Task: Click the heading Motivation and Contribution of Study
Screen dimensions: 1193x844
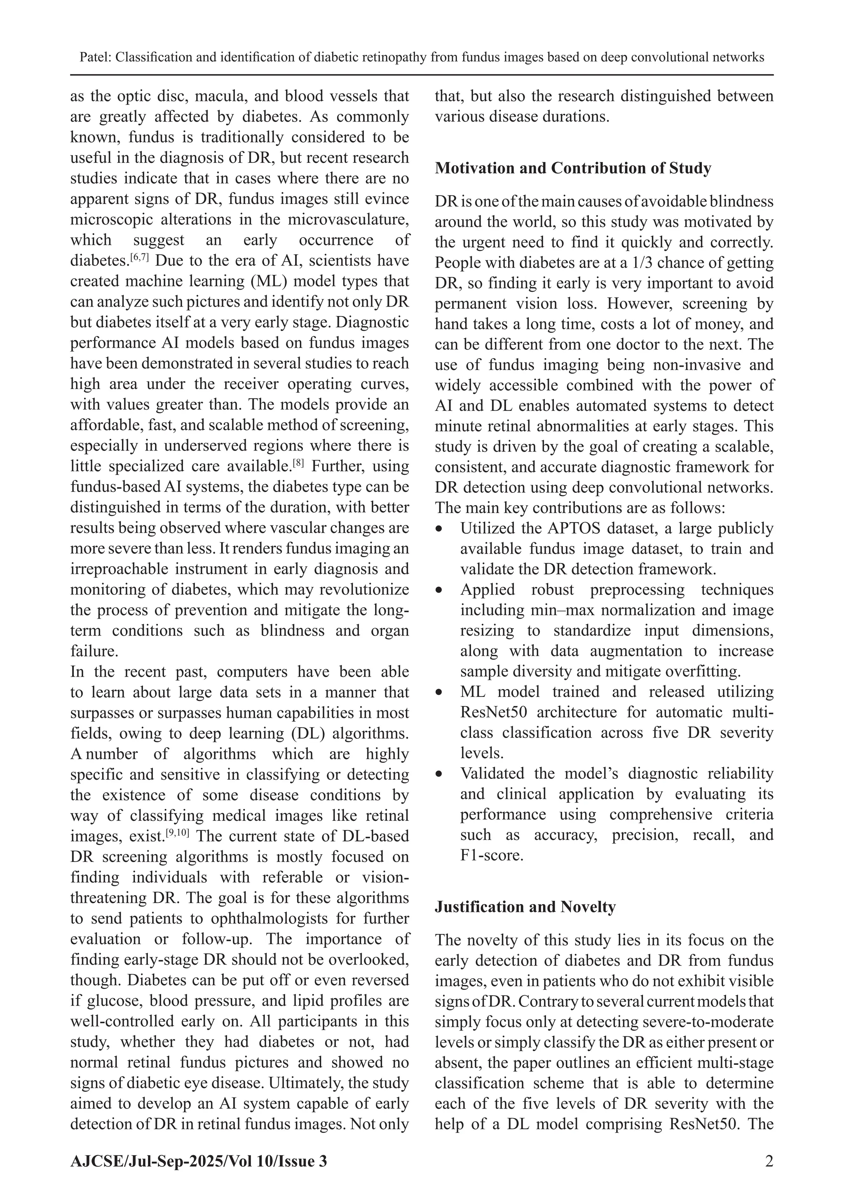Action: (x=573, y=169)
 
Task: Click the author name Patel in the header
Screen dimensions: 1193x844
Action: (x=95, y=57)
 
